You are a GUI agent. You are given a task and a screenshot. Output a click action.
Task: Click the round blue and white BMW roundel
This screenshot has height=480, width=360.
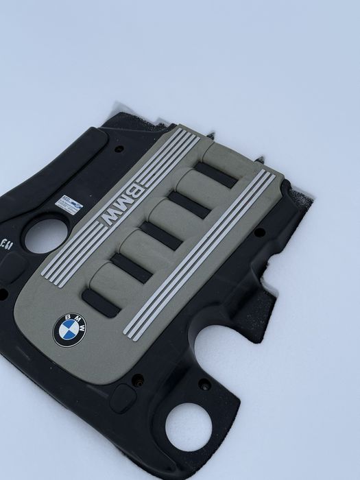tap(70, 330)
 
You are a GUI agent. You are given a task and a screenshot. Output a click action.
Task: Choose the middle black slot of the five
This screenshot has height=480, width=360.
tap(163, 235)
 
